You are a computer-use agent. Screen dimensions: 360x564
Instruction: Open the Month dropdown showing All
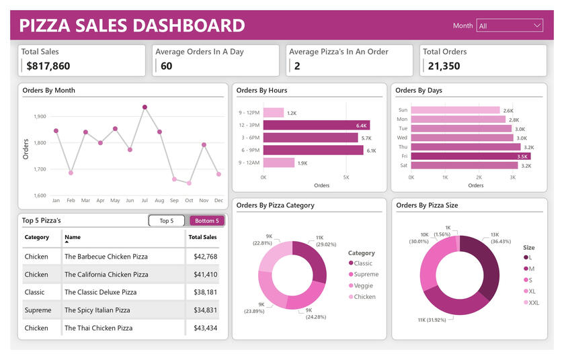point(509,26)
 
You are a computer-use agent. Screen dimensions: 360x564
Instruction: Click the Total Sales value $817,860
point(48,66)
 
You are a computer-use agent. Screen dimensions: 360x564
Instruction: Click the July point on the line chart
point(145,107)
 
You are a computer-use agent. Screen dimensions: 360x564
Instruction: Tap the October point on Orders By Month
point(189,183)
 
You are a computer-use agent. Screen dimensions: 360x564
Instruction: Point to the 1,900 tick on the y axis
point(40,116)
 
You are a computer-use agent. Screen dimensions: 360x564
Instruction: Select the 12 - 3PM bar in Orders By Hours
point(316,125)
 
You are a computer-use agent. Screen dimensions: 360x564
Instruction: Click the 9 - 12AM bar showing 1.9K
point(278,163)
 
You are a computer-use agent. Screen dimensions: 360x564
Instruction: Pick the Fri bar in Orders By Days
point(471,156)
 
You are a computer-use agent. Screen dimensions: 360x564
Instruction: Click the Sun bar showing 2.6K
point(455,110)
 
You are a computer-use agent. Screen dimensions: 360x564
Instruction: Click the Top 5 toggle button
point(166,220)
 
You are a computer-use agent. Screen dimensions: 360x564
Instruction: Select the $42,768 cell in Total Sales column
point(205,257)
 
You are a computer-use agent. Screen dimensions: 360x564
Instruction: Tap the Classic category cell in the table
point(34,292)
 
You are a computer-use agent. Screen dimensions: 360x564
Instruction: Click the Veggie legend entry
point(364,285)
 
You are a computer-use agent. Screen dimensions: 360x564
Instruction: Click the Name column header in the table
point(73,237)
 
